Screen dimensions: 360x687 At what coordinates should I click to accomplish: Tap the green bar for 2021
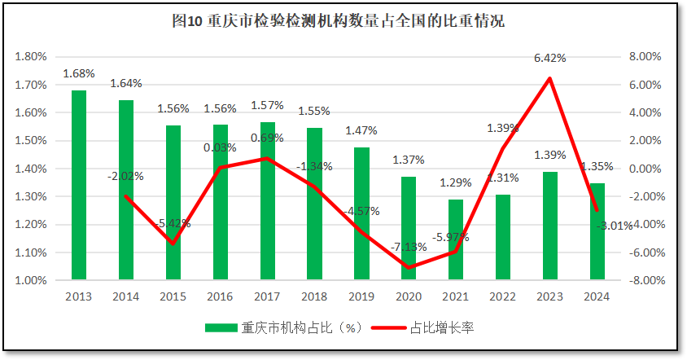456,239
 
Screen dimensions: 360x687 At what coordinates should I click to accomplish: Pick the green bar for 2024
597,231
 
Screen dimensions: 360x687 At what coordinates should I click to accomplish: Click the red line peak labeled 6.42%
550,78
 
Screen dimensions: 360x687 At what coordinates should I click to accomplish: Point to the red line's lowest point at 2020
409,267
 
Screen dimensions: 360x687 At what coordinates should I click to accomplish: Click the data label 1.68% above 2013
79,73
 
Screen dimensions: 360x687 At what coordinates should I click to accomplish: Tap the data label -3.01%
615,226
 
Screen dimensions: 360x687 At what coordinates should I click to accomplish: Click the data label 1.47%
361,130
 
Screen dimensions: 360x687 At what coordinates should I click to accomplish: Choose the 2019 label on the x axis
361,296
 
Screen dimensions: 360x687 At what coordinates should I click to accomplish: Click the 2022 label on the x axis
503,296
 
